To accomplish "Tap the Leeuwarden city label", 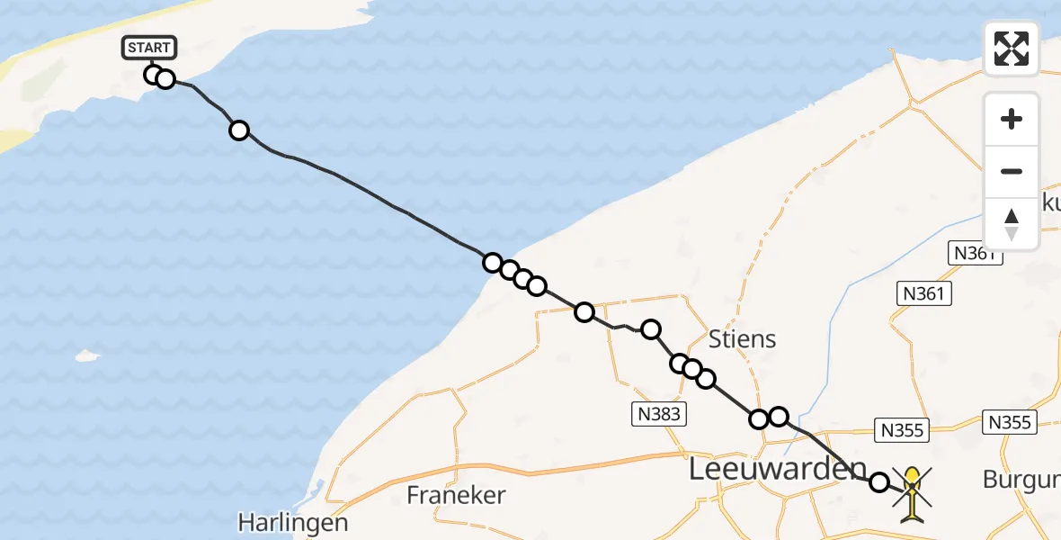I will [778, 469].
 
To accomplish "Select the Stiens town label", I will [742, 339].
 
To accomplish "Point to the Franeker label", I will [456, 494].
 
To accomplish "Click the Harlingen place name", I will [293, 522].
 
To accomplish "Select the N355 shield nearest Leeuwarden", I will [902, 430].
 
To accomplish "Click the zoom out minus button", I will [1012, 171].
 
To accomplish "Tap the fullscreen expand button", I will [1012, 49].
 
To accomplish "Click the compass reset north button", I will [1012, 223].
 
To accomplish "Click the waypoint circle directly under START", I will [154, 75].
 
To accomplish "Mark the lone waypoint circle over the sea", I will [239, 130].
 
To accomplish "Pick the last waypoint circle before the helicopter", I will [878, 482].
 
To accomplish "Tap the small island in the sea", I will [87, 355].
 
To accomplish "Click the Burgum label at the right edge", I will [1021, 480].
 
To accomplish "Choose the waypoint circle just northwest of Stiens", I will [650, 329].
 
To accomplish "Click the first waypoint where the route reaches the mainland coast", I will [493, 263].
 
